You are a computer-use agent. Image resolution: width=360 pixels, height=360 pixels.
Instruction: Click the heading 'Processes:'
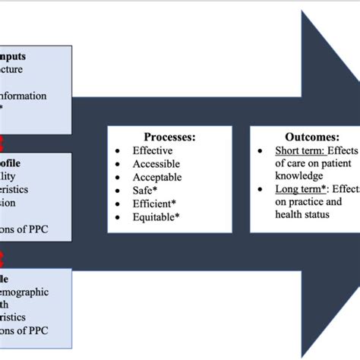click(x=169, y=137)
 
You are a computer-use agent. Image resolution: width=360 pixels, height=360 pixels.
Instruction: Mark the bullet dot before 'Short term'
click(x=261, y=150)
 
